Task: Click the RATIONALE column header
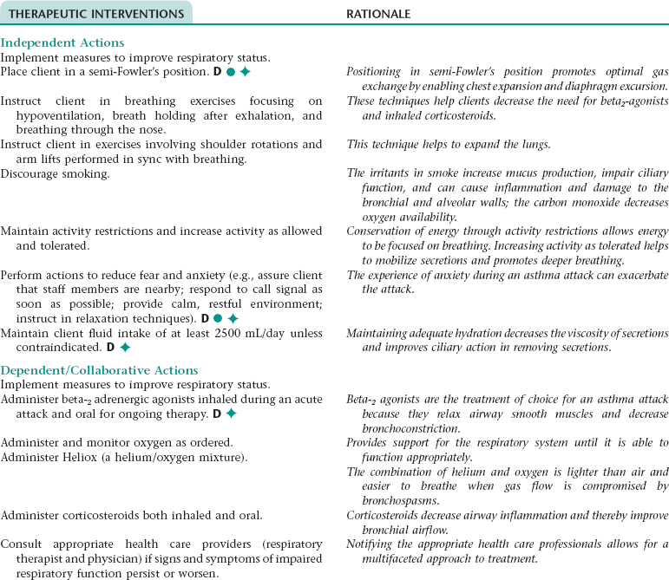[x=378, y=14]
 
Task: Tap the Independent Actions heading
[x=62, y=42]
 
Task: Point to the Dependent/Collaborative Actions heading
[x=100, y=370]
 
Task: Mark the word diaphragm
[x=586, y=87]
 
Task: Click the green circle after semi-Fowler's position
[x=231, y=72]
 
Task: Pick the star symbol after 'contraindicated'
[x=125, y=348]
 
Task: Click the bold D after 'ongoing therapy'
[x=217, y=414]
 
